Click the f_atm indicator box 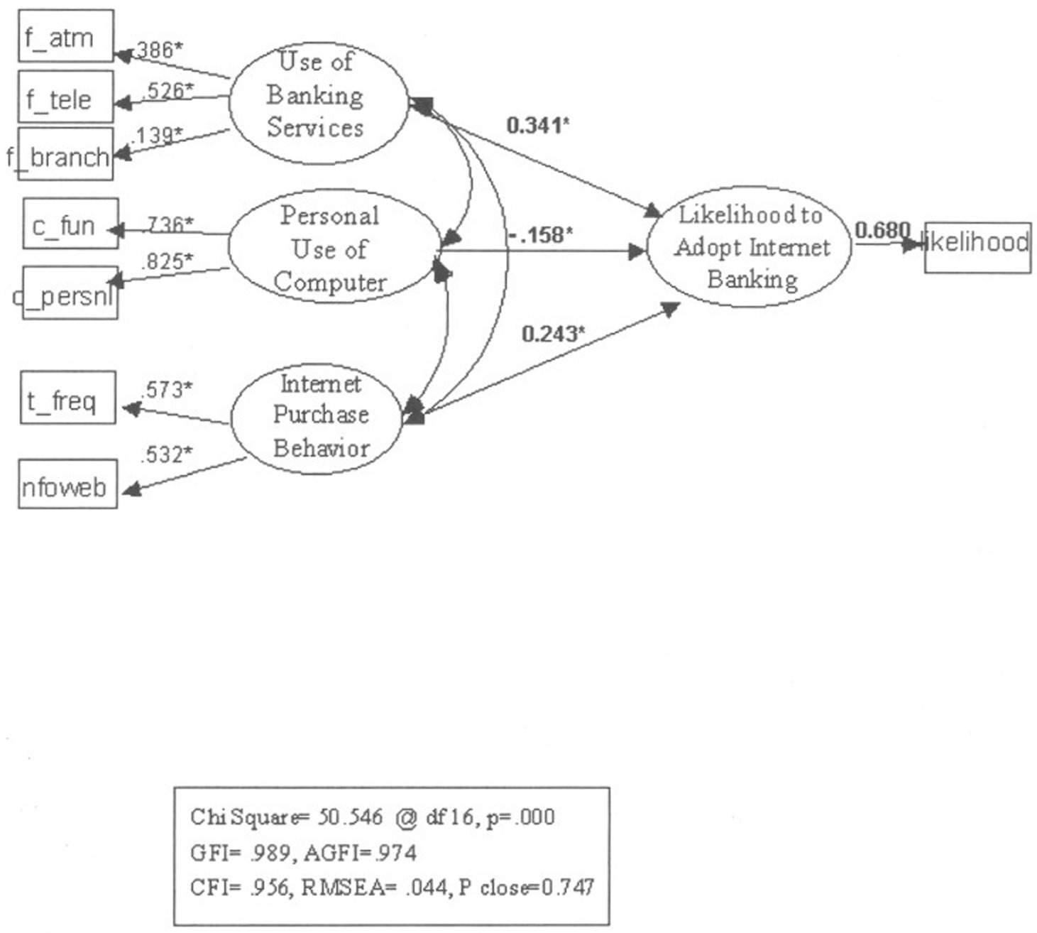65,36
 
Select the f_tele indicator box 65,97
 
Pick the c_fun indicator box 70,224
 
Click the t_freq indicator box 67,398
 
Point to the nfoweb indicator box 67,485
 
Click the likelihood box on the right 977,246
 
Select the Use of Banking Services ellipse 317,102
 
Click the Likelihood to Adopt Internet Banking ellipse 750,246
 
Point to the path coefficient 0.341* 537,126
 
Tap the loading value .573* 167,390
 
